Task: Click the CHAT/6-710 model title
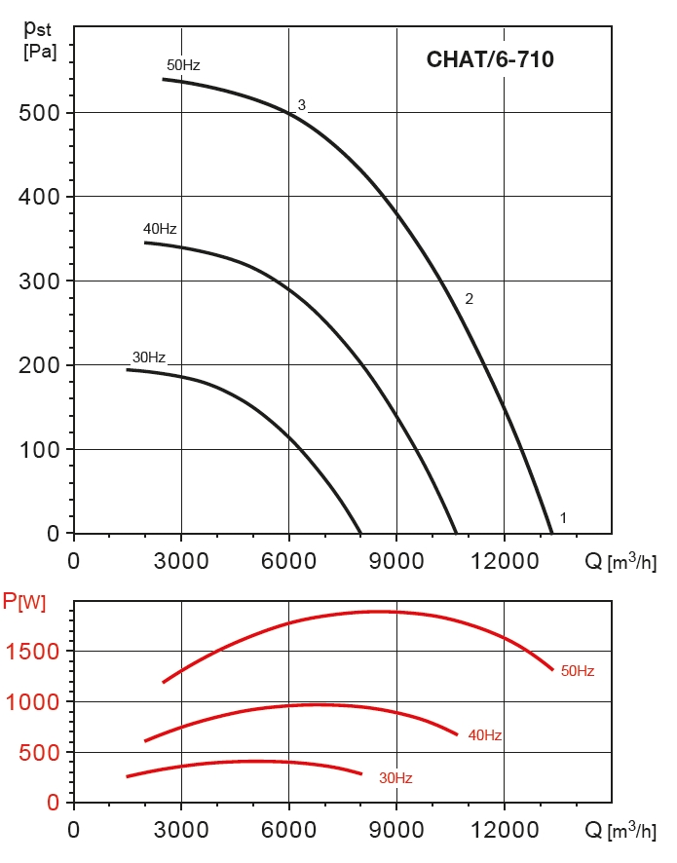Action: coord(490,59)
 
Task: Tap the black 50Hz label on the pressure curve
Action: coord(183,65)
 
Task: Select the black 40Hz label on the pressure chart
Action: coord(160,229)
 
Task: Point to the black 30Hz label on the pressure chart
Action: coord(149,356)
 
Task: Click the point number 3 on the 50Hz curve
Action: coord(302,105)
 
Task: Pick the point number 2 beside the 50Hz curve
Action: coord(469,299)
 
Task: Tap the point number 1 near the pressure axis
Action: coord(563,517)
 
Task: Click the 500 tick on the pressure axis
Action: coord(38,113)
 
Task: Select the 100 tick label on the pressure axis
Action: coord(38,450)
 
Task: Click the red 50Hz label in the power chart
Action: coord(578,671)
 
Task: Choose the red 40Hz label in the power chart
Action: coord(485,735)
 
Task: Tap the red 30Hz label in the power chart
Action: coord(395,778)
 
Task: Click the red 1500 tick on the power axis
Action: coord(32,652)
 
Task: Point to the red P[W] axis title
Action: coord(24,602)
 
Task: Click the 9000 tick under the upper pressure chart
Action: coord(395,562)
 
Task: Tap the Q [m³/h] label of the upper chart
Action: coord(620,561)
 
